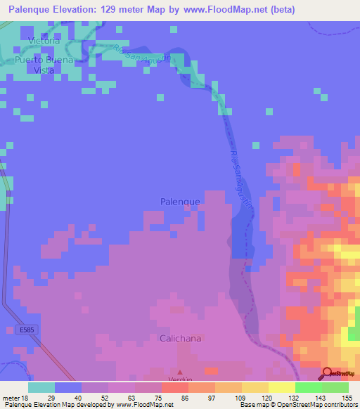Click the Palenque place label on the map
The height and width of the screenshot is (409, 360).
click(x=180, y=201)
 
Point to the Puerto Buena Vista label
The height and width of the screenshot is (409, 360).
click(x=44, y=65)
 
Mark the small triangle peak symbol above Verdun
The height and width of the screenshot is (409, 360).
click(x=179, y=372)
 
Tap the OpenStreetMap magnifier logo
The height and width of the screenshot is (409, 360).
click(x=328, y=374)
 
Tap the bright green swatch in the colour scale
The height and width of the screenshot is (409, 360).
click(x=309, y=387)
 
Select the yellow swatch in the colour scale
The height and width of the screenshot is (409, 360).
click(x=282, y=387)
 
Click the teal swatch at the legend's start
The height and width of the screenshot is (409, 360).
click(x=41, y=387)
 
